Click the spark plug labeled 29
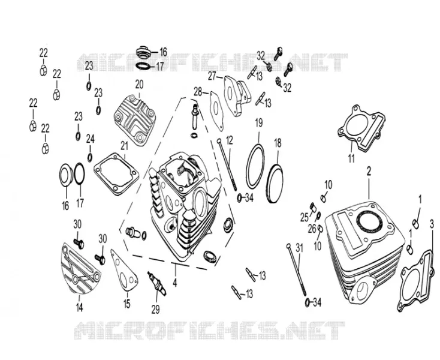[x=158, y=283]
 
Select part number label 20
[x=139, y=84]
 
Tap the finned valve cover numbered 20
[x=135, y=120]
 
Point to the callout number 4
[x=175, y=283]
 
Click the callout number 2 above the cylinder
[x=369, y=171]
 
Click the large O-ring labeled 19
[x=255, y=166]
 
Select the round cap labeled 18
[x=275, y=184]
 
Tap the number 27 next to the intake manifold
[x=212, y=76]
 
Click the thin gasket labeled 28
[x=216, y=110]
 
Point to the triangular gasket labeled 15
[x=124, y=269]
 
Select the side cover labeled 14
[x=80, y=268]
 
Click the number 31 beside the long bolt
[x=299, y=248]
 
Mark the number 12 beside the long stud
[x=229, y=140]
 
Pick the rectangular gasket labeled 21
[x=116, y=174]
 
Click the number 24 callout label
[x=90, y=139]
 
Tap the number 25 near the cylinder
[x=305, y=217]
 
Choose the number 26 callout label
[x=312, y=229]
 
